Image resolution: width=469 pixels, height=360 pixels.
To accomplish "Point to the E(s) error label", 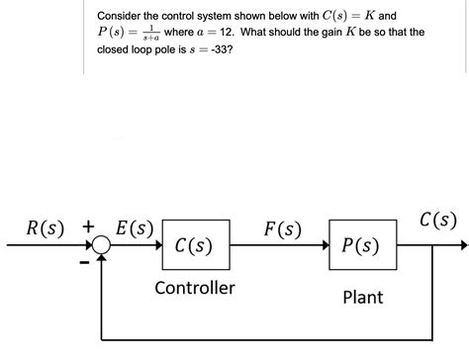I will [134, 227].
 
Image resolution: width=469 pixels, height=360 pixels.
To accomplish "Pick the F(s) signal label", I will [282, 228].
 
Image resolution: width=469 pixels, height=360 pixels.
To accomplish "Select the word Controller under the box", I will [195, 288].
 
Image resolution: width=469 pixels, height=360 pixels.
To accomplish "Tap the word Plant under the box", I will [362, 297].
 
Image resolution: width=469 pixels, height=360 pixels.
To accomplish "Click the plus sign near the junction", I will [87, 225].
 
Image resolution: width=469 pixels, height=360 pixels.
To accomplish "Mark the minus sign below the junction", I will [85, 264].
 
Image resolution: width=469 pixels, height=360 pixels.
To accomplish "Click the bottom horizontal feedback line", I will [267, 338].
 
